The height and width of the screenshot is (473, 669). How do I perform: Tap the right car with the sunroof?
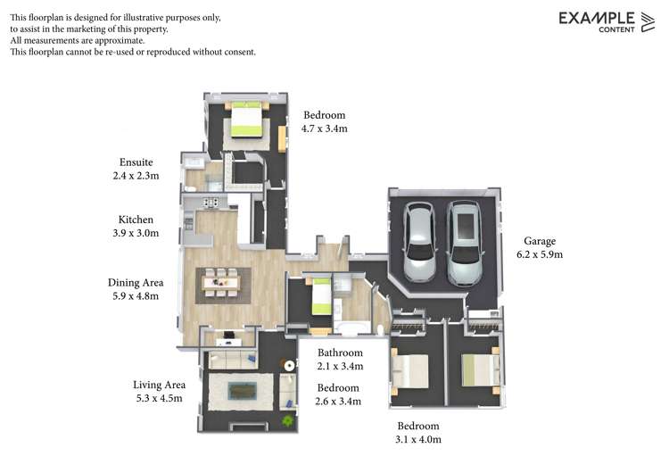463,242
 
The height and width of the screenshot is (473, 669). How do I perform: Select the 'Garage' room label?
540,241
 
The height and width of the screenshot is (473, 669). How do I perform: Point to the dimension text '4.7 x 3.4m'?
325,129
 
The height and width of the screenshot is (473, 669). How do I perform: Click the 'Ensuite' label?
136,162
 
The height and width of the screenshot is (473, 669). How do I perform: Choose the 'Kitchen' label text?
136,220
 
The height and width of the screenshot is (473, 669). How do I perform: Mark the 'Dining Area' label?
136,282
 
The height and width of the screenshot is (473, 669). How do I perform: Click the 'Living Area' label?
157,384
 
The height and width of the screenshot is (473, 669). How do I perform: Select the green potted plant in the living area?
287,419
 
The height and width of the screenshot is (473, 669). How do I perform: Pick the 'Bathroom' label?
340,353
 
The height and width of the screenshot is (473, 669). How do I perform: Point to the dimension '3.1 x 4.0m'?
419,439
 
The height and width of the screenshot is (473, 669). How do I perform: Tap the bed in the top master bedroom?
245,120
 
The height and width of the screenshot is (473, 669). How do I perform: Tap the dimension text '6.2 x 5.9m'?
540,254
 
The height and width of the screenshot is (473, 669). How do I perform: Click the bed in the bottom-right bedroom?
477,369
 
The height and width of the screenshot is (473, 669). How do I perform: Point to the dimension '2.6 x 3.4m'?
339,402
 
